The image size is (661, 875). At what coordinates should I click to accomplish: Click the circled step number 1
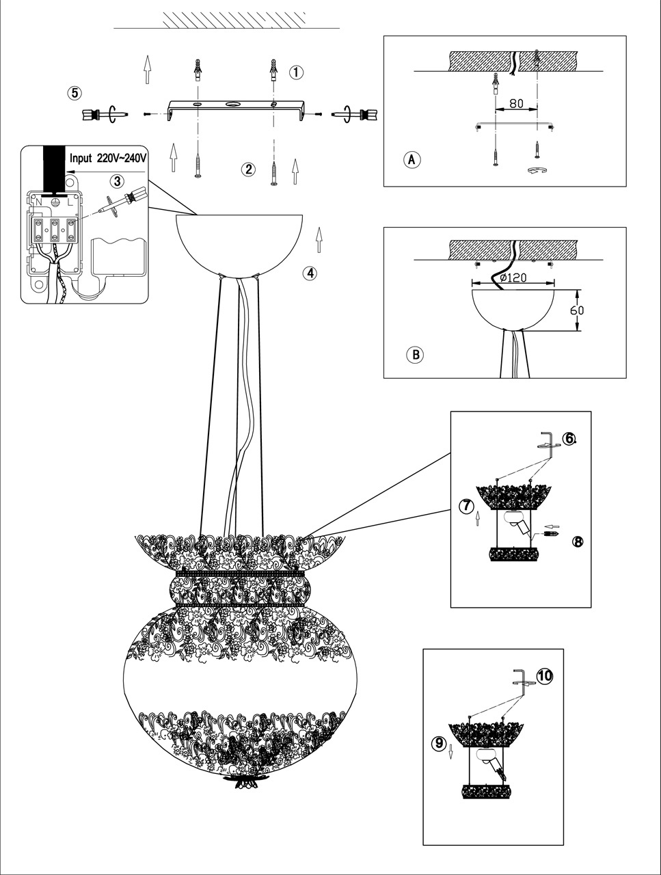tap(296, 72)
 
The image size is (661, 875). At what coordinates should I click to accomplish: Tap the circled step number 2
tap(249, 169)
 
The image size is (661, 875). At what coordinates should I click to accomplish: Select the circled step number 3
tap(118, 181)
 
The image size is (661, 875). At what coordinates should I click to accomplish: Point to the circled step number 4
tap(310, 273)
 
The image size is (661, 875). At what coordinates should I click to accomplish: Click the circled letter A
tap(412, 159)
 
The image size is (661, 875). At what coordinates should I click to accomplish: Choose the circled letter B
tap(414, 355)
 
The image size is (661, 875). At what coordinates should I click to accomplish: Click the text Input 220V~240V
tap(108, 158)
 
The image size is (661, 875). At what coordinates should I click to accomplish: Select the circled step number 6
tap(569, 438)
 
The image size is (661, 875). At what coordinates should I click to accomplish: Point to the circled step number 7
tap(466, 506)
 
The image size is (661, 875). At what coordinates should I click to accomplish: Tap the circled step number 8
tap(578, 541)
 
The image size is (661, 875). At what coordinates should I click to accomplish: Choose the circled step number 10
tap(544, 675)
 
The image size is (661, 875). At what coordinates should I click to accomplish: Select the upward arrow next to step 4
tap(319, 240)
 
